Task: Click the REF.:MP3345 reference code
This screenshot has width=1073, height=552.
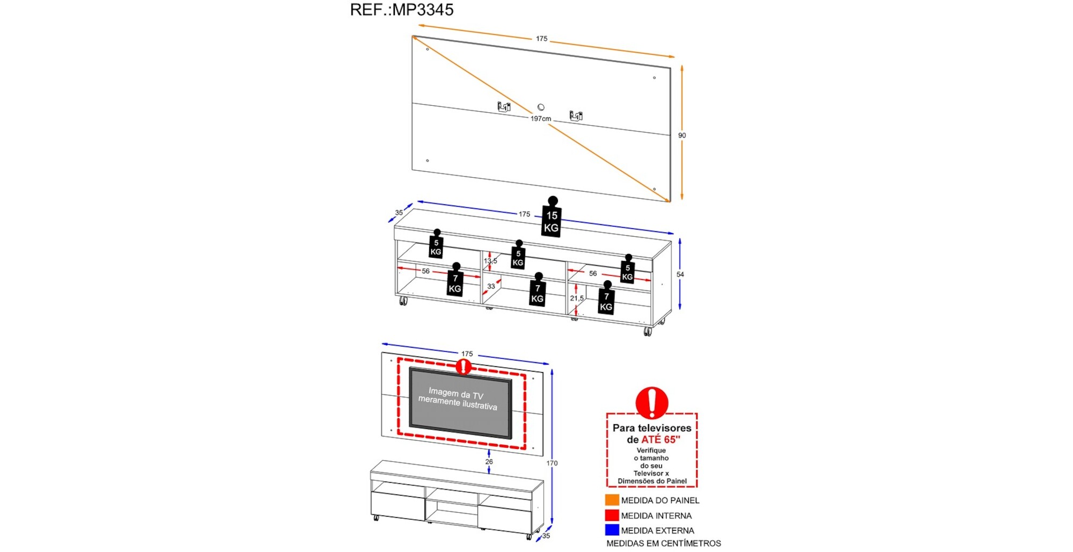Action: tap(401, 10)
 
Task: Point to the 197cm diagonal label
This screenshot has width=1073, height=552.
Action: tap(540, 119)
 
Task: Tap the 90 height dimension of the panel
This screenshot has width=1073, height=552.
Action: tap(681, 135)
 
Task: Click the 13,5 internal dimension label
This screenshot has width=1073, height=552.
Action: tap(490, 261)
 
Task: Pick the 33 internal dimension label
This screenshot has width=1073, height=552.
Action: tap(491, 286)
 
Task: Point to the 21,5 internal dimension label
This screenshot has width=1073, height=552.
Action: tap(577, 298)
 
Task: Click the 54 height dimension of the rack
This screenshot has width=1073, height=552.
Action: tap(680, 274)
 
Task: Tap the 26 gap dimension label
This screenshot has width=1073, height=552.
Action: tap(489, 462)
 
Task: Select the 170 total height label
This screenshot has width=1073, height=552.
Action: tap(552, 463)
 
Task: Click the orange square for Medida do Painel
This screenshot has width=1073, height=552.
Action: tap(612, 500)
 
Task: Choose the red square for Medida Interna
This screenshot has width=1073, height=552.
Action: tap(612, 515)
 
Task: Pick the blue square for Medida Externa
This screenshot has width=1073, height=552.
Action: tap(612, 530)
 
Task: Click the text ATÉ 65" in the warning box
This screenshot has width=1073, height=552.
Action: tap(660, 439)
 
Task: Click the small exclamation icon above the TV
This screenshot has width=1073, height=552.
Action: tap(463, 367)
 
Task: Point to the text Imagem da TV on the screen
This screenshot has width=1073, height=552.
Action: tap(456, 394)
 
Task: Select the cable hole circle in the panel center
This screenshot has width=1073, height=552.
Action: tap(541, 107)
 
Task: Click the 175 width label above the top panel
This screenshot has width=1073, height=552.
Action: tap(541, 39)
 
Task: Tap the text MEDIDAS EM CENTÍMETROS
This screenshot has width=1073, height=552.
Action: tap(663, 543)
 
